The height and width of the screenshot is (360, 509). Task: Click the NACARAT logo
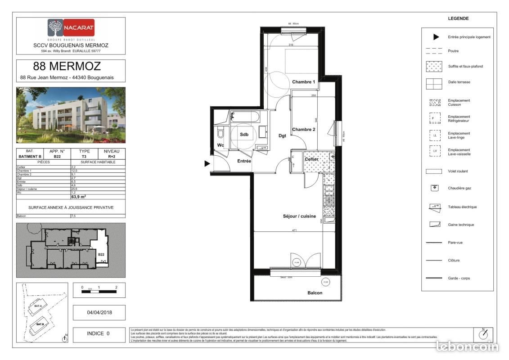coord(71,27)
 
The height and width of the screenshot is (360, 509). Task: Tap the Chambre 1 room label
coord(304,82)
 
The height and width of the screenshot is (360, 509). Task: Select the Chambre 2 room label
coord(304,130)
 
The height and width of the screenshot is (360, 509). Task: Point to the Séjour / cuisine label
coord(299,216)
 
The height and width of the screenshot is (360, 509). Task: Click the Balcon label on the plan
coord(315,293)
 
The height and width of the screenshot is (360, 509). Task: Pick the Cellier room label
coord(312,159)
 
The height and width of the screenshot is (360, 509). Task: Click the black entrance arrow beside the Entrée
coord(207,164)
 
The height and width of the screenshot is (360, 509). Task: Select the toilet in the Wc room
coord(220,134)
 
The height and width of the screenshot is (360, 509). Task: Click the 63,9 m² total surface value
coord(79,197)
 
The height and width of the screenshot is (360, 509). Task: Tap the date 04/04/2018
coord(99,312)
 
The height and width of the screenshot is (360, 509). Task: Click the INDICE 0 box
coord(99,334)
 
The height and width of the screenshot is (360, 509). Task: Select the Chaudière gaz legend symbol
coord(435,188)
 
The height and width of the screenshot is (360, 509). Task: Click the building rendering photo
coord(71,115)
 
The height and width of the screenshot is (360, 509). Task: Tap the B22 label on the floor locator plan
coord(102,255)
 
